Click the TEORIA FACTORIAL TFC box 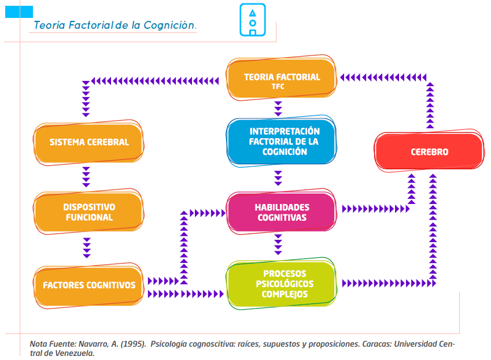coord(282,80)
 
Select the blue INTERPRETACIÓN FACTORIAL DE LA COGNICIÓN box coord(282,142)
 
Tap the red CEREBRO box coord(429,153)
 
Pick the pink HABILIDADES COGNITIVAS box coord(282,212)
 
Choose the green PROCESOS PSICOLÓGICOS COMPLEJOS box coord(282,283)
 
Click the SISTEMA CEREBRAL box coord(88,142)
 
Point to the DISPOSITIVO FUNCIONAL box coord(88,212)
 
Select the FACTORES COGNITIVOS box coord(88,285)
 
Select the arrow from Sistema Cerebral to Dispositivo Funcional coord(87,177)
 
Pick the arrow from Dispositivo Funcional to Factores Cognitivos coord(87,247)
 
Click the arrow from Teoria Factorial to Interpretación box coord(278,108)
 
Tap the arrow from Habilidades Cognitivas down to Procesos coord(278,244)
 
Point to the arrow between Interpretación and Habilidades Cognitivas coord(278,176)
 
